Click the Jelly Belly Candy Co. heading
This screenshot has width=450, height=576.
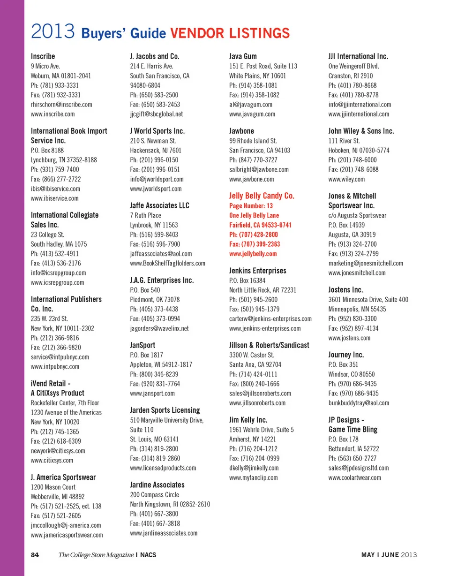262,196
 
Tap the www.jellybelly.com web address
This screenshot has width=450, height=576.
253,254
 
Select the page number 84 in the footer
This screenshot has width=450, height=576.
35,555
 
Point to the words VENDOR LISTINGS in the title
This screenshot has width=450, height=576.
230,33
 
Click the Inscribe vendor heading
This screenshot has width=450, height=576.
43,56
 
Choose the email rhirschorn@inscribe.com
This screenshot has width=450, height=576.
61,105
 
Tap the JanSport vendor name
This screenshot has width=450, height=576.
142,345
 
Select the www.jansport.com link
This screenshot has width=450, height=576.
152,394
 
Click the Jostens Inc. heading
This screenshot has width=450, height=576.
346,289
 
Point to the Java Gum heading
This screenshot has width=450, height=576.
243,56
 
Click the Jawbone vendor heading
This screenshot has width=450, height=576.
242,131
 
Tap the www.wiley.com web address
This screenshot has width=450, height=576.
346,179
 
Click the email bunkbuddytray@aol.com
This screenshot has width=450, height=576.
359,403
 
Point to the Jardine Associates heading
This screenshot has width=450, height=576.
157,485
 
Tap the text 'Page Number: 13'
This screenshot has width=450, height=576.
251,206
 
